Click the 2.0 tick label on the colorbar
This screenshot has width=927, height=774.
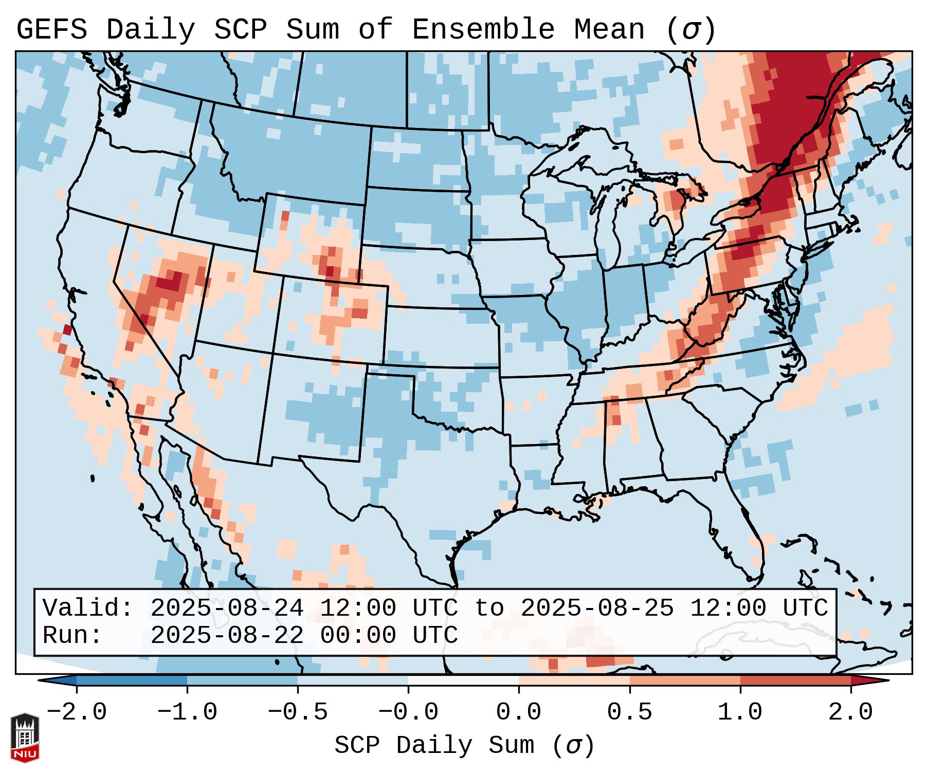click(x=850, y=712)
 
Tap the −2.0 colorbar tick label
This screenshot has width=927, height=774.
click(x=77, y=712)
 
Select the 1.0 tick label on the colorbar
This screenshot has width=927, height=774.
click(x=740, y=712)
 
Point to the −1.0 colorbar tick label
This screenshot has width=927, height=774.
click(x=187, y=712)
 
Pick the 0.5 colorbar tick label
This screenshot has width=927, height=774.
click(x=629, y=712)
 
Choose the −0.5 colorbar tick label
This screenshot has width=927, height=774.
click(x=298, y=712)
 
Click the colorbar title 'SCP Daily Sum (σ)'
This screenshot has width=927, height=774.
click(x=464, y=746)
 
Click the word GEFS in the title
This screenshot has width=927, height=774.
click(x=52, y=29)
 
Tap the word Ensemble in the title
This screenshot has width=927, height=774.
click(x=483, y=29)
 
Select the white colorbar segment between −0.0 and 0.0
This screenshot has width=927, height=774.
click(x=463, y=680)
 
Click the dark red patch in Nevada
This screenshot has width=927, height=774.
click(x=170, y=282)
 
